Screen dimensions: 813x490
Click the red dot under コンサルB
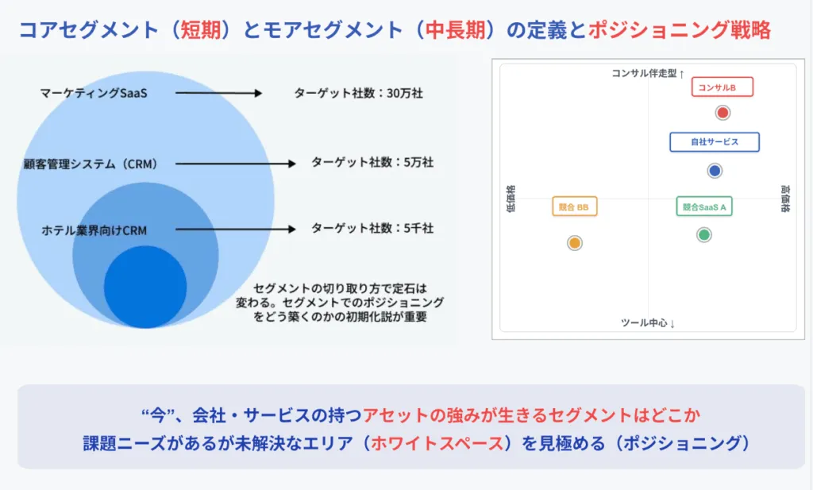coord(722,113)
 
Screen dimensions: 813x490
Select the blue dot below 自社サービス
coord(715,171)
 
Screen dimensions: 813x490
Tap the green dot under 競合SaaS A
coord(703,235)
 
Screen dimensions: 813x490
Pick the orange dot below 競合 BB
coord(575,243)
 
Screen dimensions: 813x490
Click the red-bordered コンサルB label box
coord(722,87)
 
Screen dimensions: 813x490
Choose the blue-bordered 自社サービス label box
coord(715,142)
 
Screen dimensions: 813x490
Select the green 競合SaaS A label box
coord(704,206)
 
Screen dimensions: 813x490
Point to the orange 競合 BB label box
coord(575,206)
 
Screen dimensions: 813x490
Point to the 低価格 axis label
coord(511,199)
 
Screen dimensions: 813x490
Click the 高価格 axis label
coord(785,199)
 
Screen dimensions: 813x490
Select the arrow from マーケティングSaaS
coord(219,93)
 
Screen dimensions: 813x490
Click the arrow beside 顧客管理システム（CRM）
coord(235,164)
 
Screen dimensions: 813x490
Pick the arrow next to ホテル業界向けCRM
coord(235,229)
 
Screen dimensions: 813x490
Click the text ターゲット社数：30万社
coord(358,93)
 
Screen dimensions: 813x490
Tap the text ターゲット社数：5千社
coord(372,228)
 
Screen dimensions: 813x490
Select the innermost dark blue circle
coord(145,287)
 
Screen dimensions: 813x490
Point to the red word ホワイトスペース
coord(437,443)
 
